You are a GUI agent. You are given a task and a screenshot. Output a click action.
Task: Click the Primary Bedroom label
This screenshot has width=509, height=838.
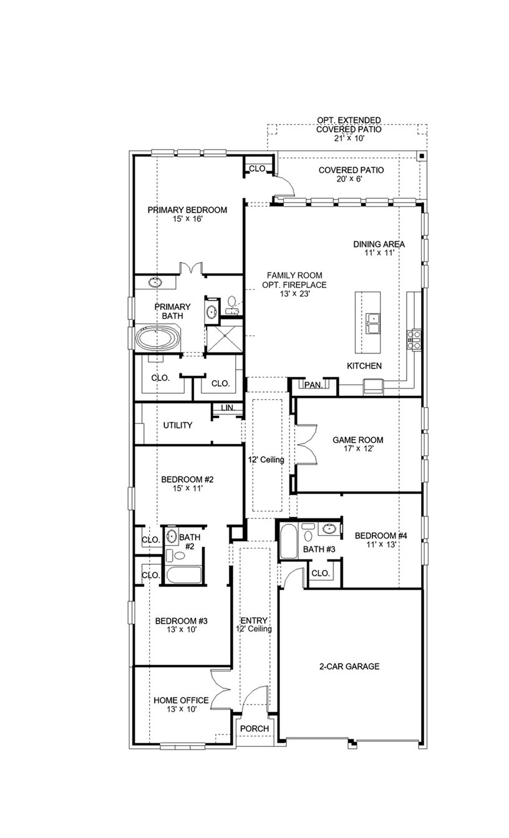187,210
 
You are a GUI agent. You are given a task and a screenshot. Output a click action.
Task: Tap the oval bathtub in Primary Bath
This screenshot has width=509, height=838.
157,339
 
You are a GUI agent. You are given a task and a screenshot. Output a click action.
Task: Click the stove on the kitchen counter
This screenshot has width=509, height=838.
414,339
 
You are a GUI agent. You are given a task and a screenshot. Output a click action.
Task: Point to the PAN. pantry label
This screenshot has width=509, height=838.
313,385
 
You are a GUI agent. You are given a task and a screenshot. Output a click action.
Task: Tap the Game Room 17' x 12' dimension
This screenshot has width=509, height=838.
357,449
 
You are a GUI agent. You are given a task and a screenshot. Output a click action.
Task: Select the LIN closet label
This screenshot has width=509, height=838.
226,408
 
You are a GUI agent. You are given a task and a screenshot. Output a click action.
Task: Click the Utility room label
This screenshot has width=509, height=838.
178,425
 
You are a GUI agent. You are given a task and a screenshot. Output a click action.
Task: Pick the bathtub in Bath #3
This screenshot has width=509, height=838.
289,542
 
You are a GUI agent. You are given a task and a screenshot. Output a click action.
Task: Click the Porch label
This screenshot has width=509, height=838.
254,729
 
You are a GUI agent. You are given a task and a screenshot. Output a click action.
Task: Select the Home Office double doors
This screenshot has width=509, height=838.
221,690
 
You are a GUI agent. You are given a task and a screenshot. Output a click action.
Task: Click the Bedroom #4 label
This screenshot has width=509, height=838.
381,535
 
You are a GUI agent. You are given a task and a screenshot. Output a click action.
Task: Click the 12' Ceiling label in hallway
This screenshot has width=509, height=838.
266,460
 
